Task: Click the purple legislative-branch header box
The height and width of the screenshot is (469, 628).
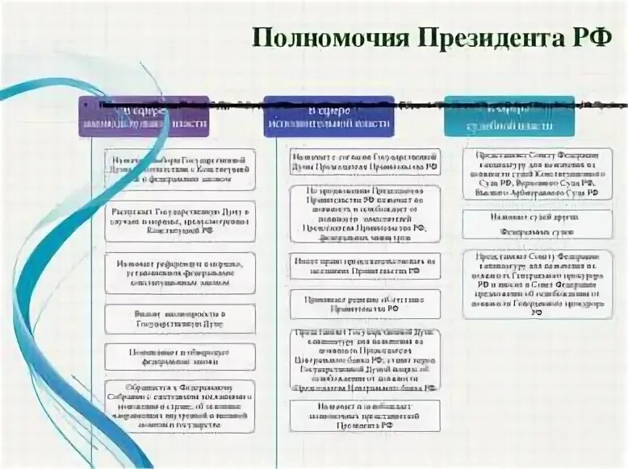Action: (x=143, y=116)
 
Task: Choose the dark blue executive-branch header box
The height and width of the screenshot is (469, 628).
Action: (x=329, y=116)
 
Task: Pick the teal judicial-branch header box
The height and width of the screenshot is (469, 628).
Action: (x=509, y=116)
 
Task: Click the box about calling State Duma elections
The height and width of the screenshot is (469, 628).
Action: (x=179, y=169)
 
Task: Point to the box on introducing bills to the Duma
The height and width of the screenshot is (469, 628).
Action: (x=179, y=318)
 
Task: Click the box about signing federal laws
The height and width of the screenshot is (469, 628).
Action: (x=179, y=356)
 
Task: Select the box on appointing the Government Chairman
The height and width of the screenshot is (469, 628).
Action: (x=365, y=162)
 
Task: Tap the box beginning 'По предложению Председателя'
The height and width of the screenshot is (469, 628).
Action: (x=365, y=214)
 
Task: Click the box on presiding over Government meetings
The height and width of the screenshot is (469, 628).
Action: (x=365, y=266)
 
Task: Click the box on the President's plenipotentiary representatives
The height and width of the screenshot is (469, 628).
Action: (x=365, y=415)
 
